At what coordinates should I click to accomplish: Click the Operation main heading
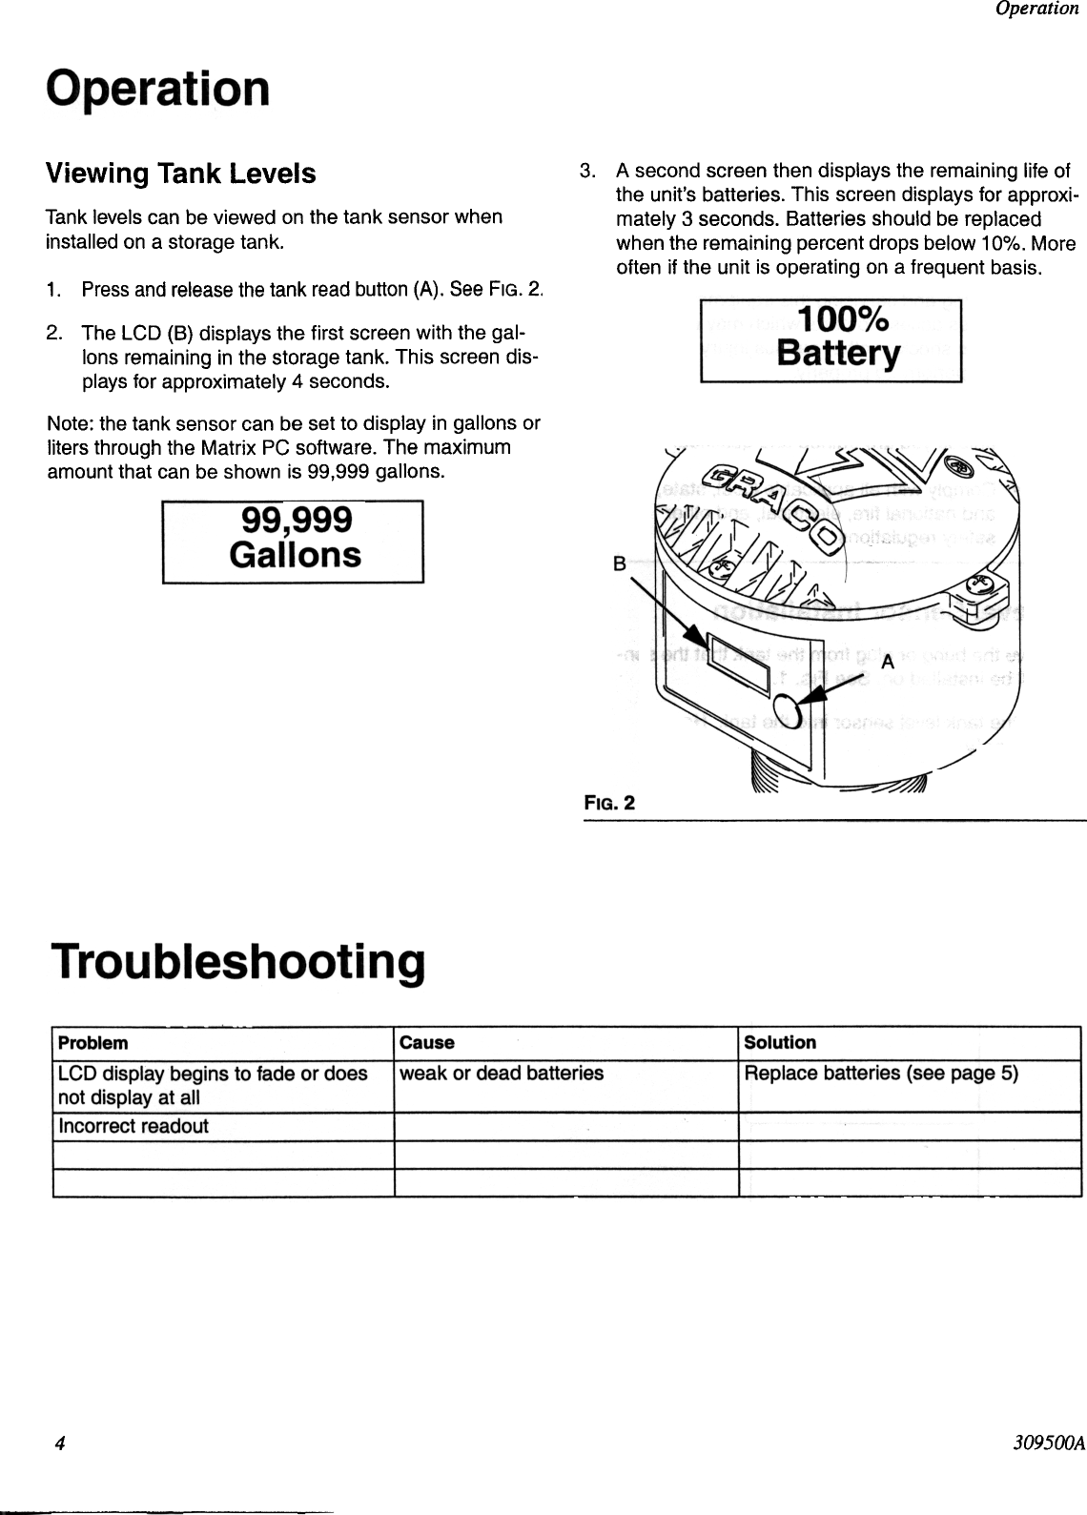coord(158,89)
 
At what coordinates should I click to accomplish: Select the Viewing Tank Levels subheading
coord(181,174)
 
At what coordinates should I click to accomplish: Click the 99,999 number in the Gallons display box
coord(297,520)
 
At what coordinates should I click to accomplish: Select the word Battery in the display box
coord(838,353)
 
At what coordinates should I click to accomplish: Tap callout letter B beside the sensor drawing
coord(618,563)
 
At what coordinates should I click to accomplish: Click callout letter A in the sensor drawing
coord(887,661)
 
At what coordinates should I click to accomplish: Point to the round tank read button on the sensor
coord(788,710)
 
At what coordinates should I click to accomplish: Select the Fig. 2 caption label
coord(609,803)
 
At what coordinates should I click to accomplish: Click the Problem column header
coord(93,1043)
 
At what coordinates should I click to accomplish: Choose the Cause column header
coord(427,1043)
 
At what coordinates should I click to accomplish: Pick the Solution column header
coord(780,1043)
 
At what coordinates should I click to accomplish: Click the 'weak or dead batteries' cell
coord(502,1074)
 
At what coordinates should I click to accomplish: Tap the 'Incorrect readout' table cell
coord(133,1126)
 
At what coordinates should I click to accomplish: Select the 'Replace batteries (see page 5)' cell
coord(881,1074)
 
